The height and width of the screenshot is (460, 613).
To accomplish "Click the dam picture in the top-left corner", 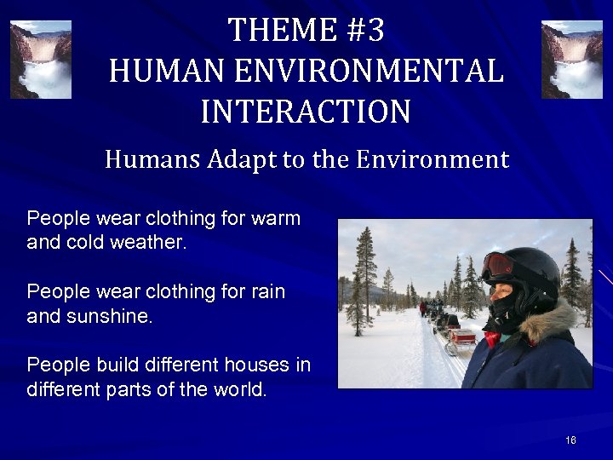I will (x=41, y=60).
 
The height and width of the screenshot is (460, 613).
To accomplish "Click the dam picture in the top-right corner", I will (x=571, y=60).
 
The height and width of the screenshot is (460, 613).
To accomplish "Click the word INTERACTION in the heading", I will (x=306, y=112).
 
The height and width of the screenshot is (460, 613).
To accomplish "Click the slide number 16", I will (x=570, y=440).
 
